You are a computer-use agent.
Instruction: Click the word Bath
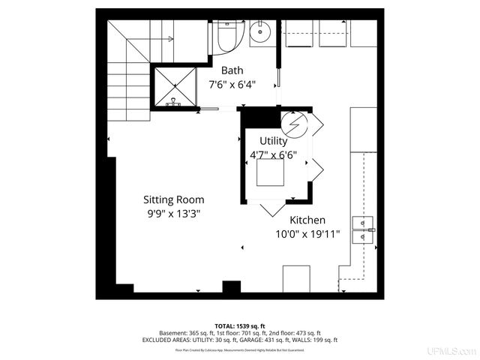tap(232, 70)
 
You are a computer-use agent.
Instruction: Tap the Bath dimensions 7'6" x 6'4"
tap(232, 85)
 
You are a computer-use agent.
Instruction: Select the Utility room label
tap(273, 141)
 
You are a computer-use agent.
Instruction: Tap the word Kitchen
tap(307, 220)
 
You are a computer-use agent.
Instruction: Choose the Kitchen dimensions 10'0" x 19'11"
tap(307, 234)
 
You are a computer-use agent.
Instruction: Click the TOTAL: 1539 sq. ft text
tap(240, 326)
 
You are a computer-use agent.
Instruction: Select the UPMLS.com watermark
tap(451, 351)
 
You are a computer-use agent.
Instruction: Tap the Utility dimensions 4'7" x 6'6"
tap(273, 155)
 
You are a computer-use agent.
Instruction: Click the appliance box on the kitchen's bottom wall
tap(296, 278)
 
